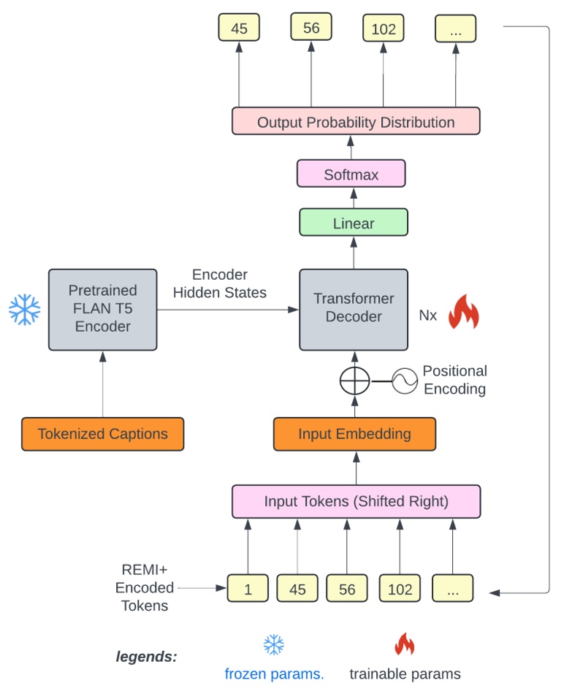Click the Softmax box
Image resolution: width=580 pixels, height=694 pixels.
click(351, 175)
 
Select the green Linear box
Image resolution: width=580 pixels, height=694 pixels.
click(354, 223)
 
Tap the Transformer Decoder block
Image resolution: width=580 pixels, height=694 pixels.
click(354, 308)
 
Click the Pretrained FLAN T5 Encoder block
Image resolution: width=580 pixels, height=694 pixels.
click(103, 308)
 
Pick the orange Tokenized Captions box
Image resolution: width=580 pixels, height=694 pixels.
click(102, 434)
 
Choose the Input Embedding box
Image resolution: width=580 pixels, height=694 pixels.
click(354, 434)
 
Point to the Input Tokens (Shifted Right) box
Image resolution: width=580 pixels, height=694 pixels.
click(356, 502)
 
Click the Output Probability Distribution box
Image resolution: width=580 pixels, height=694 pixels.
click(356, 122)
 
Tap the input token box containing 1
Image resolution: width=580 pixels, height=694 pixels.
click(248, 589)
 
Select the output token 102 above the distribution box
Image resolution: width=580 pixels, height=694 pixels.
click(384, 28)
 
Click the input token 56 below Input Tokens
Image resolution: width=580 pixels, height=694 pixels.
click(347, 589)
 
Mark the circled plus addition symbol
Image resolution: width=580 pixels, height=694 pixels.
click(354, 381)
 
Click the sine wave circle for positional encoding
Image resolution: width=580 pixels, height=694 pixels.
click(404, 381)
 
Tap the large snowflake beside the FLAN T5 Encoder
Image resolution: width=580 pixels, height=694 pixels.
click(24, 309)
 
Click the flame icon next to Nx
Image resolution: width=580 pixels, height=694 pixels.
click(463, 312)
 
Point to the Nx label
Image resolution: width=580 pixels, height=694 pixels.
click(428, 316)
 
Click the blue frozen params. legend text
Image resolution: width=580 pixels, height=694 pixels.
click(274, 674)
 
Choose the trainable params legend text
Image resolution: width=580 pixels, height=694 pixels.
click(405, 674)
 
